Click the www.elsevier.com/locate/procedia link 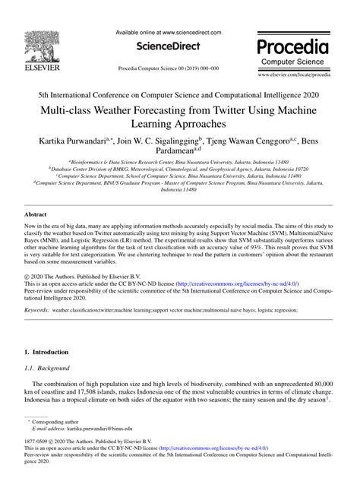(x=294, y=77)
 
